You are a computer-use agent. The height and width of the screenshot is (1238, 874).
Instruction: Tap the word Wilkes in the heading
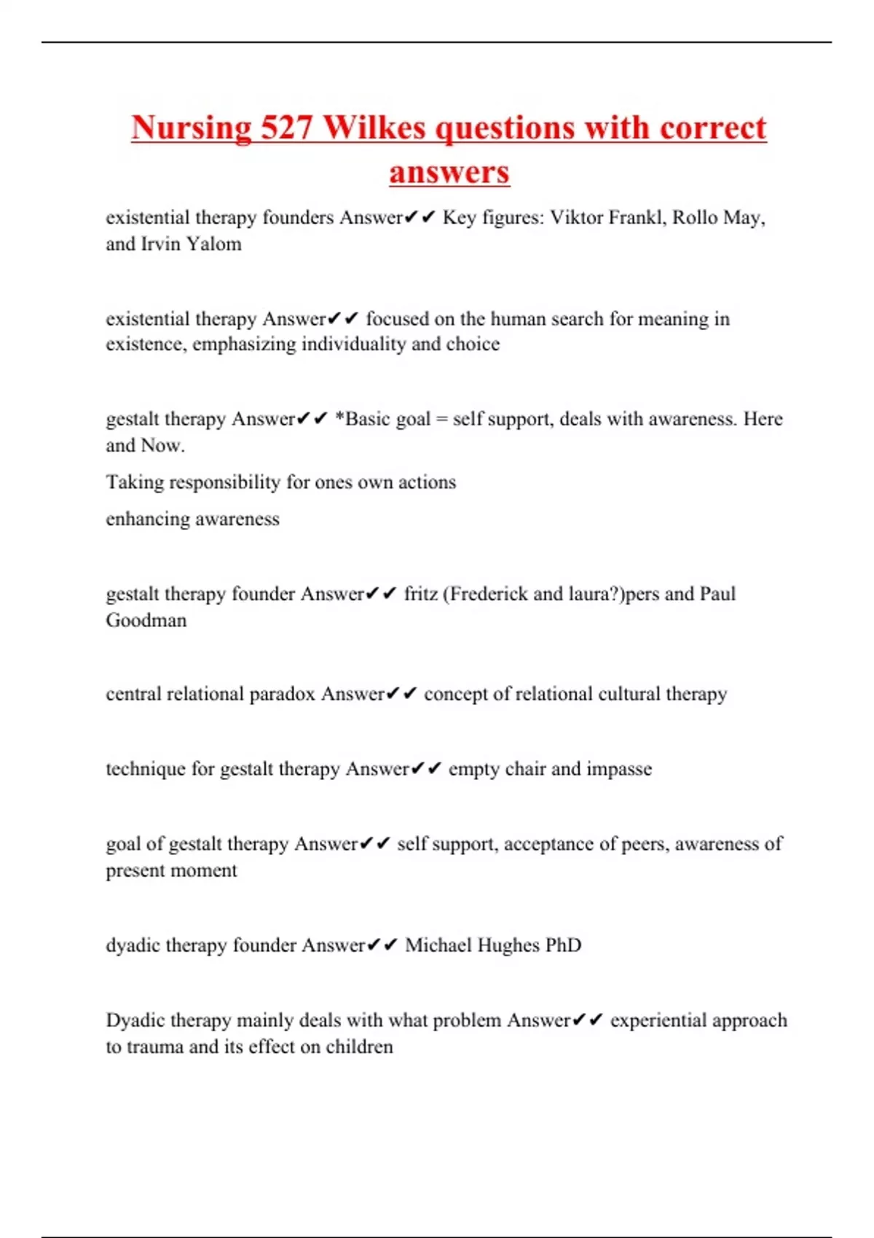(374, 128)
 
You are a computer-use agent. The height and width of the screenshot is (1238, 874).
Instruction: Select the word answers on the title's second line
(449, 173)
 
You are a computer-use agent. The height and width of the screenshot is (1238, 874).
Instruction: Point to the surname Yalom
(213, 244)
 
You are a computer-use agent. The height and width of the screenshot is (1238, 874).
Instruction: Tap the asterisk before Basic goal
(339, 418)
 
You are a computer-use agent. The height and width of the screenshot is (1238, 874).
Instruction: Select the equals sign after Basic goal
(441, 419)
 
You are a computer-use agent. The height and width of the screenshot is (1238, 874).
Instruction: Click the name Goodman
(146, 620)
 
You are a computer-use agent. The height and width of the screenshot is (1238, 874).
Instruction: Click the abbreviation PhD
(563, 945)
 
